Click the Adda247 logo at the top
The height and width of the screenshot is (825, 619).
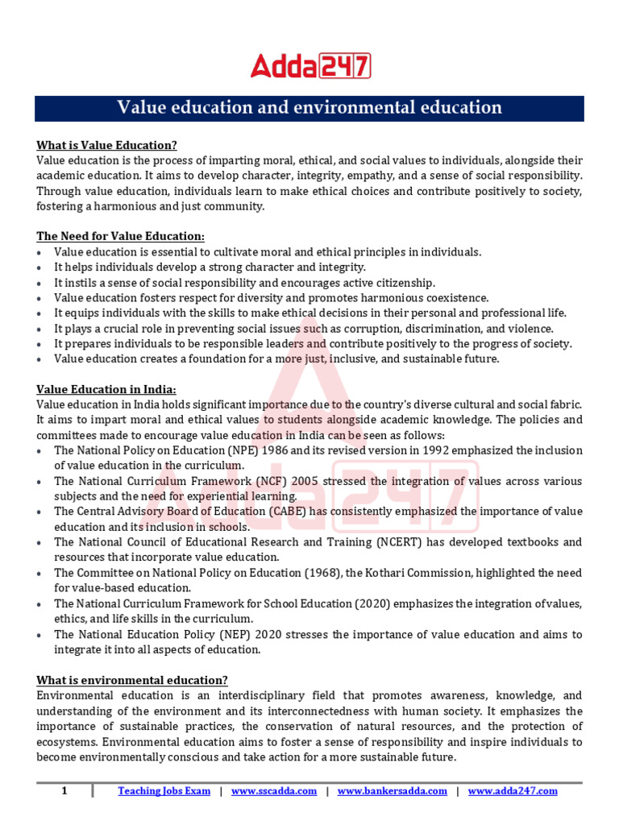309,65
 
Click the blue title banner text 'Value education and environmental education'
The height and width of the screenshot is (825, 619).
309,108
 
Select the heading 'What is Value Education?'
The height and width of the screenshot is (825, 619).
106,145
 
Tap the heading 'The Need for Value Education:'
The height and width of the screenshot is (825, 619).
121,236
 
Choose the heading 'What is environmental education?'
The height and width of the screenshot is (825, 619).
132,680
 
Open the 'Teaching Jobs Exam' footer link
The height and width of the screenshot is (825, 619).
164,791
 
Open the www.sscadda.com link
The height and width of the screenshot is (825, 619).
274,791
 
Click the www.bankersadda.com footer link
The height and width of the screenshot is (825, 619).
392,791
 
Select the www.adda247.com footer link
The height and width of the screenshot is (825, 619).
513,791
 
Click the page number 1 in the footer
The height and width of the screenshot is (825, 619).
64,791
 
